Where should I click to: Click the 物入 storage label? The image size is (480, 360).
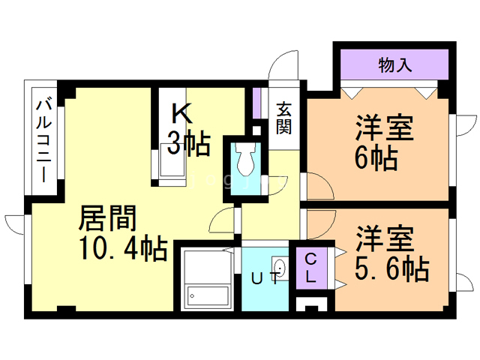point(395,66)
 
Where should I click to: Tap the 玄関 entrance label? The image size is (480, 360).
point(283,118)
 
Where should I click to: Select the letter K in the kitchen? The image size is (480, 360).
point(183,113)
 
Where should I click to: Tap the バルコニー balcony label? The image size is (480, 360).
point(44,140)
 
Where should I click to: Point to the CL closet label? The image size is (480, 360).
point(311,267)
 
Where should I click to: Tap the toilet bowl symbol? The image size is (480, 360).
point(245,159)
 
